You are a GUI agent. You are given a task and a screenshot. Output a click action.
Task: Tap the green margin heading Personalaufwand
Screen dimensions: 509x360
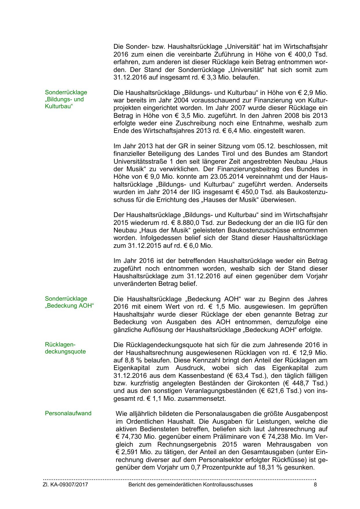[68, 413]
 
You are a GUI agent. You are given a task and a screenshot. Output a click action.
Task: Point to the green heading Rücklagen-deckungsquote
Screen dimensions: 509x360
[65, 348]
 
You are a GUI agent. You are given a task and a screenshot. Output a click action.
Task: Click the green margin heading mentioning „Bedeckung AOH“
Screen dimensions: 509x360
[70, 302]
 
